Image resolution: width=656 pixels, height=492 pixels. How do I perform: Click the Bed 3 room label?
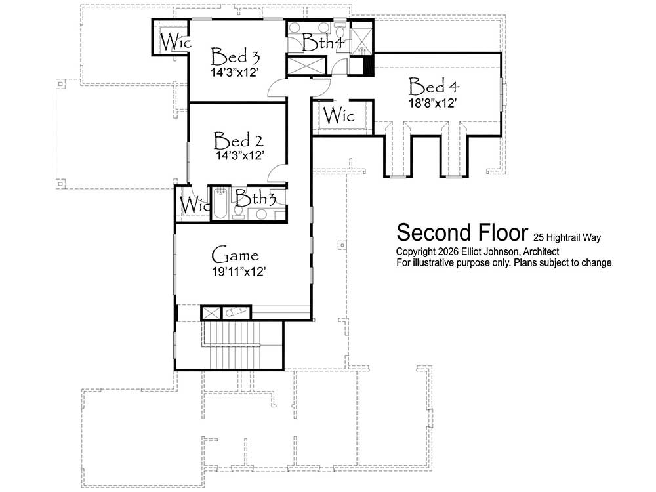[x=235, y=56]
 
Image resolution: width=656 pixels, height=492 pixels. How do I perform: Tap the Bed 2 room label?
[x=238, y=140]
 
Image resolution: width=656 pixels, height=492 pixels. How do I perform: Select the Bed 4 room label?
[x=434, y=86]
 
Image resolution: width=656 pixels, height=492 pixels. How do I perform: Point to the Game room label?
[x=235, y=255]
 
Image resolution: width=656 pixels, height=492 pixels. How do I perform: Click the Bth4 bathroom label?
[x=323, y=42]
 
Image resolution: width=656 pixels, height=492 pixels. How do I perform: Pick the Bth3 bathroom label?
[x=255, y=197]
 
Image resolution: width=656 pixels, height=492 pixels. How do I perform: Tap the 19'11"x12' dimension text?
[x=239, y=272]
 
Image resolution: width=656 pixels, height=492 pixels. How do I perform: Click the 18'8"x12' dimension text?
[x=432, y=104]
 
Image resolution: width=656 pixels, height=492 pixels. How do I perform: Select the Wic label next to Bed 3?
[x=176, y=41]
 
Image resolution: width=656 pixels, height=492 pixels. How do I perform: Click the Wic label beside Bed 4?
[x=338, y=115]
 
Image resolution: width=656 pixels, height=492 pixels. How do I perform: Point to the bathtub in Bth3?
[x=220, y=204]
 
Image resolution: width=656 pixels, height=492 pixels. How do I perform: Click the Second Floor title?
[x=462, y=233]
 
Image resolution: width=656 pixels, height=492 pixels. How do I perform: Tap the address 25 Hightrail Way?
[x=567, y=237]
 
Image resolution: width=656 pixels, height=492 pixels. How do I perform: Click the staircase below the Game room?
[x=231, y=345]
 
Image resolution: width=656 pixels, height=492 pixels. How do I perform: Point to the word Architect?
[x=541, y=251]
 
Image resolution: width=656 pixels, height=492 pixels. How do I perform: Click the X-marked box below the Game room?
[x=211, y=313]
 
